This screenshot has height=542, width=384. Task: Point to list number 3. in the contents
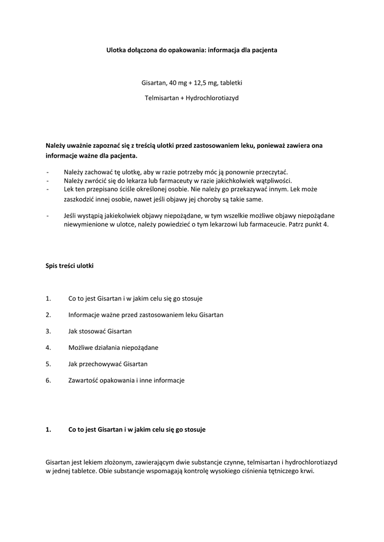(48, 331)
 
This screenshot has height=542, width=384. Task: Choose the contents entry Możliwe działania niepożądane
(113, 347)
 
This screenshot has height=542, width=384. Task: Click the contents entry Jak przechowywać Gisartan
(108, 364)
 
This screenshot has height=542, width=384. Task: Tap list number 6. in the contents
(48, 380)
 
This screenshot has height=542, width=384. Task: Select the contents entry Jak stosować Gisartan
(100, 331)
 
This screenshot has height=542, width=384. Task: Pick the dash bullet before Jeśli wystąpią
(48, 216)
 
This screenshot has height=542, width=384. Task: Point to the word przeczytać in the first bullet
(272, 172)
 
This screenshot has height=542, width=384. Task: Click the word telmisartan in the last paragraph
(265, 462)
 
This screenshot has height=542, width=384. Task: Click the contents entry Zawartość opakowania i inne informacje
(126, 380)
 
